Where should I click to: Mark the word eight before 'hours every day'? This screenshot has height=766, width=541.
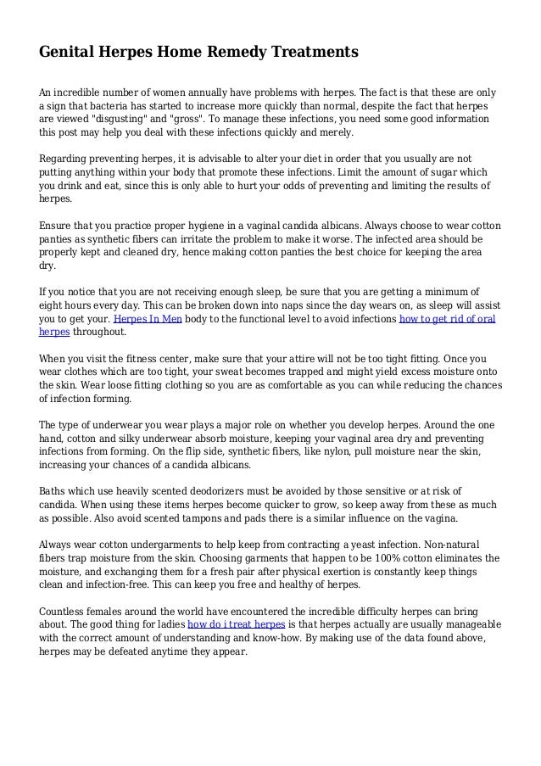53,305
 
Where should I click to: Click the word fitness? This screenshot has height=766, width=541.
141,359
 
